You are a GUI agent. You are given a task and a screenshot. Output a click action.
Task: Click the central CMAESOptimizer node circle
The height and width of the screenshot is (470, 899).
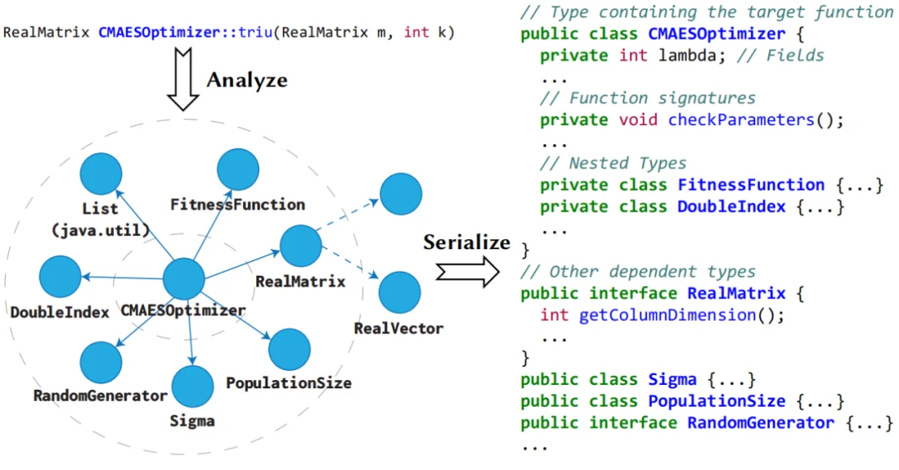(x=183, y=278)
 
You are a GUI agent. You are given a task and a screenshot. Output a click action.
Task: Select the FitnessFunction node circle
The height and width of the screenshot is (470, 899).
(x=237, y=169)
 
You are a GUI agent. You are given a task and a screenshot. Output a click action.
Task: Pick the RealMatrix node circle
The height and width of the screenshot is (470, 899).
(x=300, y=247)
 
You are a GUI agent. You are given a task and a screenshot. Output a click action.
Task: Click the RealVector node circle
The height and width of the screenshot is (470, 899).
(x=400, y=292)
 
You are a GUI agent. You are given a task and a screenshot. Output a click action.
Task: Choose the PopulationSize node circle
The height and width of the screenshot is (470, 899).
(x=290, y=349)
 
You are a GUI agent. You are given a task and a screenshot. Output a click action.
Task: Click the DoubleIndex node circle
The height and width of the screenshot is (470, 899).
(x=60, y=277)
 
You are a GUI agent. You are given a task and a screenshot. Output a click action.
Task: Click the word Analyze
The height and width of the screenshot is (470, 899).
(x=246, y=80)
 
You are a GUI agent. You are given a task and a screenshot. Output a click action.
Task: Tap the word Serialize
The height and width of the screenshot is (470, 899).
(x=466, y=242)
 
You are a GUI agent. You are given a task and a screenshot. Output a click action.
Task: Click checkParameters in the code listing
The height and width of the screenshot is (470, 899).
(x=740, y=120)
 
